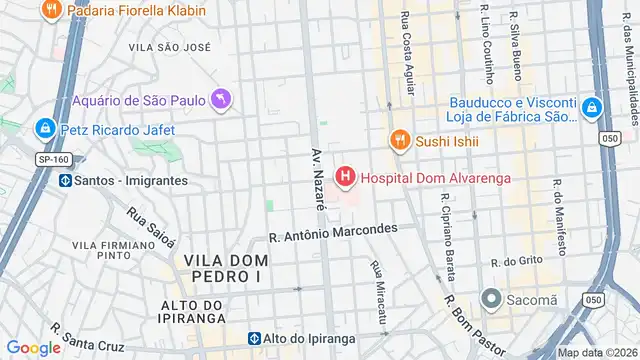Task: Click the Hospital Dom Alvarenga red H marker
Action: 345,178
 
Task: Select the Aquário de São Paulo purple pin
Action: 221,99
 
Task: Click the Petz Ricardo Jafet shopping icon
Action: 44,129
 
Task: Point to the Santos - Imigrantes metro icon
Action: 66,180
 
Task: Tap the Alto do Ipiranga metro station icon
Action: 256,339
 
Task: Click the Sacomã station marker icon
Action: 490,299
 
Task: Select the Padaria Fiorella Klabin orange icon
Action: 50,10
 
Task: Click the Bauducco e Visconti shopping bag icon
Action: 592,107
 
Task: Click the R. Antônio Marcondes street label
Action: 333,233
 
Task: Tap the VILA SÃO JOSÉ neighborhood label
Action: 170,47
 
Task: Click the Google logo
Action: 33,347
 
